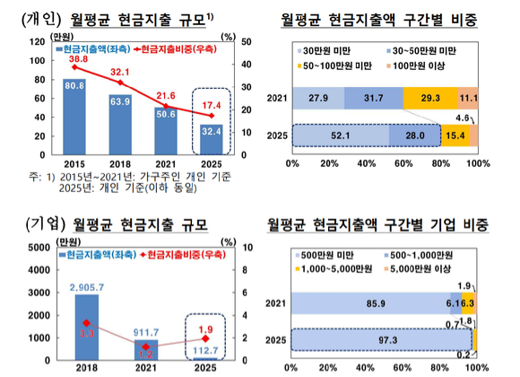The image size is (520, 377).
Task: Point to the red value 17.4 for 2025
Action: [x=212, y=106]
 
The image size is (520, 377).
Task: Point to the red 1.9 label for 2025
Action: [x=205, y=328]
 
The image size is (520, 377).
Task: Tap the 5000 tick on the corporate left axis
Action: [x=40, y=247]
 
